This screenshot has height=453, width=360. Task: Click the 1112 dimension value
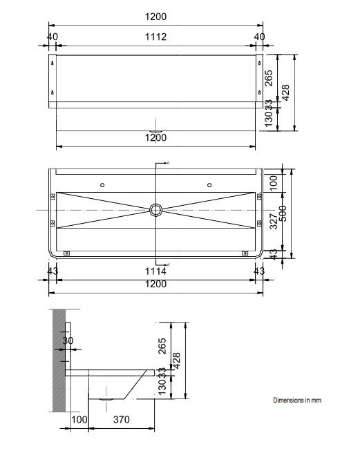click(x=156, y=37)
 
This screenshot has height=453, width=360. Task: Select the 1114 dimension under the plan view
click(x=156, y=272)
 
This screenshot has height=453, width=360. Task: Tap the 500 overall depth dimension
click(x=283, y=214)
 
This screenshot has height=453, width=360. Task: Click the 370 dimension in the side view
click(x=122, y=419)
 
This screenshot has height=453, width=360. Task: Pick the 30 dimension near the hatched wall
click(x=67, y=340)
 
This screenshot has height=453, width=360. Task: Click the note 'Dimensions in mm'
click(x=297, y=400)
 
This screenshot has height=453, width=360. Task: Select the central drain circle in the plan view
click(x=157, y=209)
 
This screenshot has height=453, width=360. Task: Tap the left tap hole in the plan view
click(x=102, y=185)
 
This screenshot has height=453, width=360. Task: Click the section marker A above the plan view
click(x=167, y=163)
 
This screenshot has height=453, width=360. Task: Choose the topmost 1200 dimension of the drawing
click(x=156, y=15)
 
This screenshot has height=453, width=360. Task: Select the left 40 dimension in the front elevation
click(x=53, y=37)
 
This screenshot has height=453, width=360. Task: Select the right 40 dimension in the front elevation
click(x=259, y=37)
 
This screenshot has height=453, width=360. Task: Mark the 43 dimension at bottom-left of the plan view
click(x=53, y=272)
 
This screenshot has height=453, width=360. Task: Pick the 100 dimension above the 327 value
click(x=273, y=182)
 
